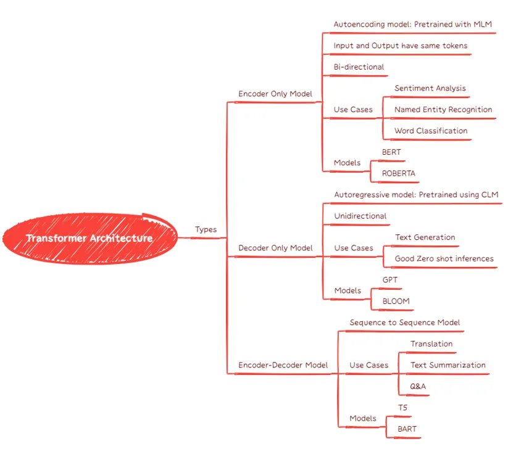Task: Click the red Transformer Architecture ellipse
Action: coord(90,238)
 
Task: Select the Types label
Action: coord(206,229)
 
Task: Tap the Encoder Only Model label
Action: coord(275,94)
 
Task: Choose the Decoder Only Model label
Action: coord(275,248)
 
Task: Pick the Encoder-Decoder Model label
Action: coord(283,365)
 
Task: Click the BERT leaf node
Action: coord(391,152)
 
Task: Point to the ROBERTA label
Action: coord(399,173)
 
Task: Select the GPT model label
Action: coord(390,280)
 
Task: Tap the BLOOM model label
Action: coord(396,301)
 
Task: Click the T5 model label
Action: coord(403,408)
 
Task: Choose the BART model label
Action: coord(407,429)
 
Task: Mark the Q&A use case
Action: coord(418,386)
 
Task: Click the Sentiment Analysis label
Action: coord(430,88)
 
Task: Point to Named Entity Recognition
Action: coord(443,110)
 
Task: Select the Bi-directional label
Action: coord(359,67)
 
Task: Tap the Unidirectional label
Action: coord(360,216)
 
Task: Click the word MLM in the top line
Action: coord(483,24)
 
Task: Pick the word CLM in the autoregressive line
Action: coord(489,195)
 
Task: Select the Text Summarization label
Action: coord(448,365)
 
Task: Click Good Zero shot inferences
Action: coord(444,259)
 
